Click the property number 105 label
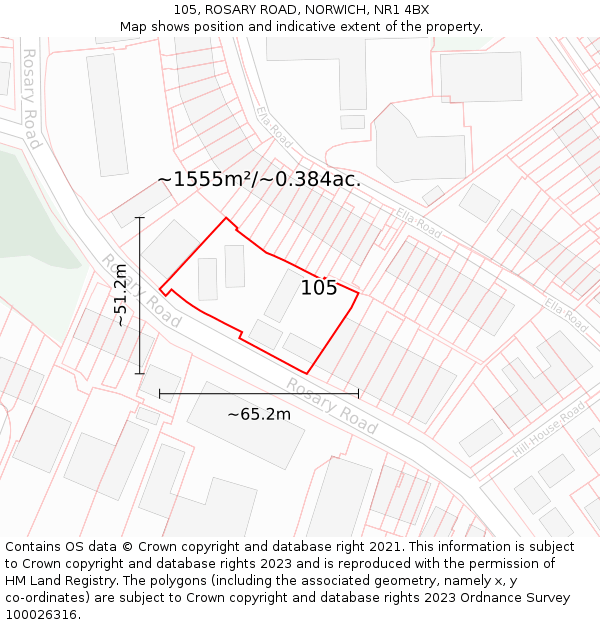(319, 288)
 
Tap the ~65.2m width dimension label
(259, 414)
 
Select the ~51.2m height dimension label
(120, 295)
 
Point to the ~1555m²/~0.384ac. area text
(259, 179)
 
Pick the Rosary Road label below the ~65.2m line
(331, 405)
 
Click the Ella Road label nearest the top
(271, 125)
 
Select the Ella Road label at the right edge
(566, 315)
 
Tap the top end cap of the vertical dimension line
(140, 217)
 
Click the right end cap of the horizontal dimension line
(358, 393)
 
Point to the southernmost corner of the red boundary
(307, 374)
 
